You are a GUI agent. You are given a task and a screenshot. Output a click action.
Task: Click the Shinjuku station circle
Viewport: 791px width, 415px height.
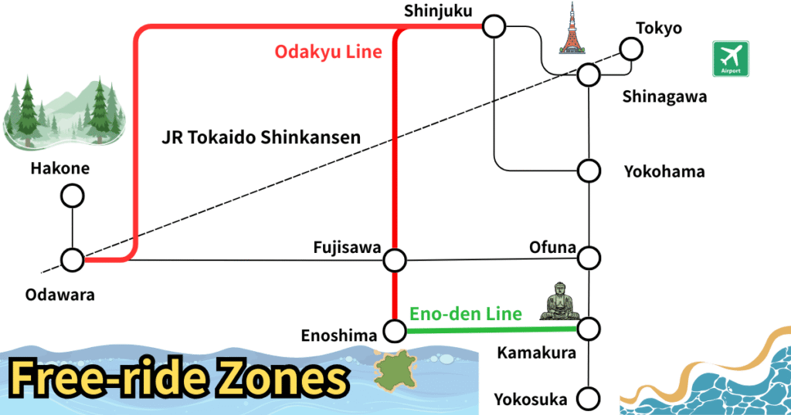(494, 27)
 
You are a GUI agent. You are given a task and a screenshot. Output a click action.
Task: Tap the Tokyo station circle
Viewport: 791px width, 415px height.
(631, 50)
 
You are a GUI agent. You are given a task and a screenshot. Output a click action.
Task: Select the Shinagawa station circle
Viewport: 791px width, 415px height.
(589, 76)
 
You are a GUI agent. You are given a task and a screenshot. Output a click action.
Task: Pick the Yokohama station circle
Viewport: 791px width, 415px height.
(589, 170)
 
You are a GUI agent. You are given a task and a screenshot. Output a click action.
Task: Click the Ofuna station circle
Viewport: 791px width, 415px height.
(589, 256)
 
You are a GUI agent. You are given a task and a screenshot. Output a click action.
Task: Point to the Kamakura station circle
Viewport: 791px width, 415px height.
(589, 329)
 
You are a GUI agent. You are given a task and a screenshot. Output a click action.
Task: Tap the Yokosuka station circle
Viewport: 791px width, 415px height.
(589, 400)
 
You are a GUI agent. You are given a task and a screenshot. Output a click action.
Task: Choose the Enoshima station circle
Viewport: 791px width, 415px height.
(395, 332)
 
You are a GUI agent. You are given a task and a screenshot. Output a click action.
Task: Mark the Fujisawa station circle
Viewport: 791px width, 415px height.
(395, 260)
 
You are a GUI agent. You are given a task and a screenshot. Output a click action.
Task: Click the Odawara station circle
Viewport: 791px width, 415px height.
(73, 260)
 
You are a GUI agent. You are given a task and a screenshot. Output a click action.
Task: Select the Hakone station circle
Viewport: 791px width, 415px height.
(73, 197)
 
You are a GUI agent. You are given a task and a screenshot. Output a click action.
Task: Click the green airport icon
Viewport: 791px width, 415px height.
(731, 59)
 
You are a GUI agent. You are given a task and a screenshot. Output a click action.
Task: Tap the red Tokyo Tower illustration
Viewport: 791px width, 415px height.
(572, 29)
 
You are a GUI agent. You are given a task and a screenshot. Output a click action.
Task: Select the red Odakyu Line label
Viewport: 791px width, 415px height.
(328, 52)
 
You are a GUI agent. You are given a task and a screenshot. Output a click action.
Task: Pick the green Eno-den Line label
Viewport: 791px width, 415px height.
(465, 313)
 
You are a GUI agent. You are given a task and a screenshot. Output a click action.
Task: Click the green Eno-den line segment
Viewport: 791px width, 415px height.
(491, 330)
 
